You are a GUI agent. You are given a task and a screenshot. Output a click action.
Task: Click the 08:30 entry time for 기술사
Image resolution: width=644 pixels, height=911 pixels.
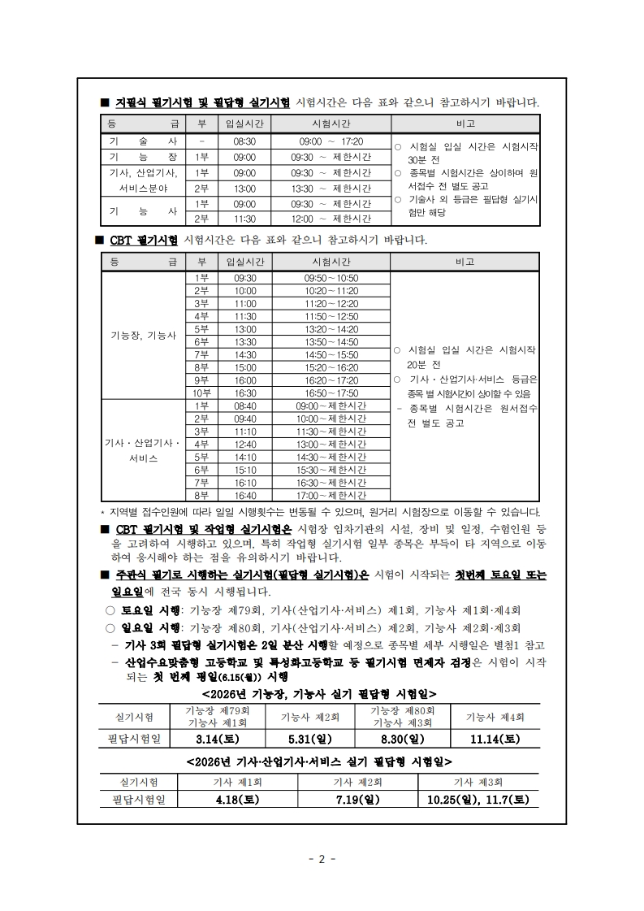click(x=244, y=141)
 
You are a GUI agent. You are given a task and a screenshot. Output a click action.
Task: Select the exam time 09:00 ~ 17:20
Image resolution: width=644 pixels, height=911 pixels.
click(x=331, y=141)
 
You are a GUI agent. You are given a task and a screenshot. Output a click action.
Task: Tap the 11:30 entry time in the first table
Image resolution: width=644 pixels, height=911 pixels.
click(x=244, y=219)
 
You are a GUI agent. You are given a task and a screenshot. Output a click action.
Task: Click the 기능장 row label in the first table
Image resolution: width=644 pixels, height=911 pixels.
click(x=143, y=157)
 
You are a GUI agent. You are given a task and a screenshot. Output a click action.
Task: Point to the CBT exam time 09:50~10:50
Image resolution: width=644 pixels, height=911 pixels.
click(x=331, y=278)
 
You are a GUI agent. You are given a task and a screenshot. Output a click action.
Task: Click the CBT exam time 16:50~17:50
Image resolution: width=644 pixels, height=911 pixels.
click(x=331, y=393)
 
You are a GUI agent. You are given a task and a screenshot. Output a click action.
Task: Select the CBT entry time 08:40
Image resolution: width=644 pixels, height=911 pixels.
click(x=244, y=406)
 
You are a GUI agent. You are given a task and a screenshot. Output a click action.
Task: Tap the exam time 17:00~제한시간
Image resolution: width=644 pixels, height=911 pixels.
click(x=331, y=495)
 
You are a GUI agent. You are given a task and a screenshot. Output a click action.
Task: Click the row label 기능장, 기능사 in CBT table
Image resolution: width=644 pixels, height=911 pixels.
click(x=143, y=336)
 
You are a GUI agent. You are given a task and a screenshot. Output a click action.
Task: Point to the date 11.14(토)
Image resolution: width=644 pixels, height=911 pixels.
click(x=495, y=739)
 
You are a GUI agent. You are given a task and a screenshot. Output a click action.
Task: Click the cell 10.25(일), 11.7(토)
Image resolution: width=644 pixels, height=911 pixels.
click(x=478, y=800)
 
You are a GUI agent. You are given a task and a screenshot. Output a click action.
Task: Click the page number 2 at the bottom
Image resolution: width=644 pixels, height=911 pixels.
click(x=322, y=859)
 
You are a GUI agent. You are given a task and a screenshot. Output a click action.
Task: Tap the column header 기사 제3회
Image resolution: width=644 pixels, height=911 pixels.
click(x=478, y=782)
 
